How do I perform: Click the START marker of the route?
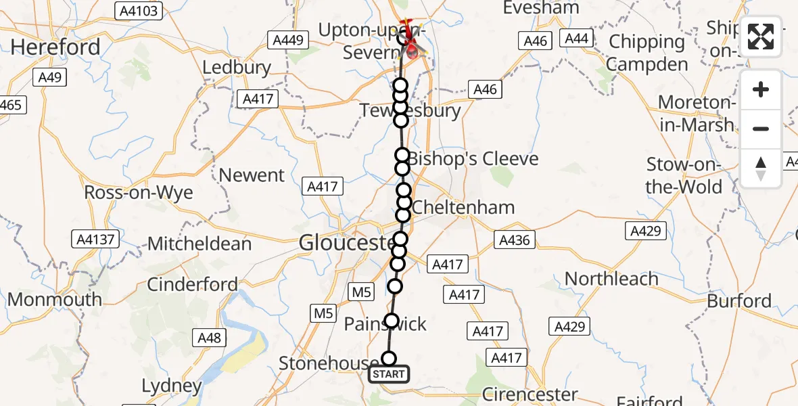coord(388,374)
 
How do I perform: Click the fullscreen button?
coord(761,37)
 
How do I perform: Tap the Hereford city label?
coord(55,47)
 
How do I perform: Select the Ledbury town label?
coord(237,68)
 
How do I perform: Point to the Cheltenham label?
coord(463,207)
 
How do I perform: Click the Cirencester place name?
coord(530,394)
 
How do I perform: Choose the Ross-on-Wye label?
coord(139,192)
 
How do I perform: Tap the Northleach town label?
coord(611,279)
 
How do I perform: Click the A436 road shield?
coord(515,240)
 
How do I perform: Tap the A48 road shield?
coord(210,337)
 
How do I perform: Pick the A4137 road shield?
coord(96,239)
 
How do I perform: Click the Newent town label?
coord(252,175)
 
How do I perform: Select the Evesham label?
coord(541,8)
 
